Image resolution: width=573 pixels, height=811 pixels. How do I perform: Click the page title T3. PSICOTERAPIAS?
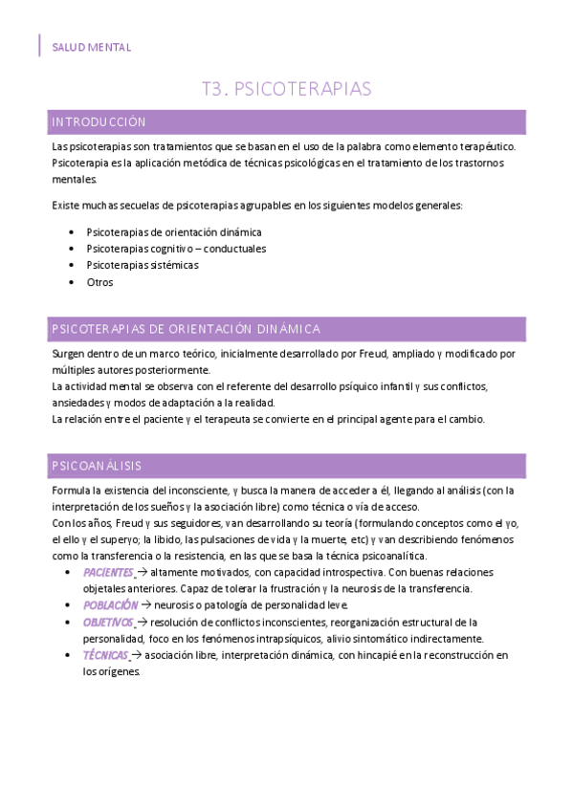point(286,89)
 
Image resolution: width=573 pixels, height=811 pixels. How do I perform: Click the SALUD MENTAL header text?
point(92,47)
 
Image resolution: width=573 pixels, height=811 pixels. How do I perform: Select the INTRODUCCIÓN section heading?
point(99,122)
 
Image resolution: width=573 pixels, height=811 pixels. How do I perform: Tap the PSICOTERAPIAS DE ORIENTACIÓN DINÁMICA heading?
point(186,329)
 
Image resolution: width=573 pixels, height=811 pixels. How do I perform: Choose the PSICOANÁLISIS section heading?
point(97,466)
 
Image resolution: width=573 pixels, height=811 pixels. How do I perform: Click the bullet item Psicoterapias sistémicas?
point(143,265)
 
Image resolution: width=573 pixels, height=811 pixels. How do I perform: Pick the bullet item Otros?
point(99,282)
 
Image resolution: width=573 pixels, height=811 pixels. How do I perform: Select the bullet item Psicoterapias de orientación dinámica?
point(173,231)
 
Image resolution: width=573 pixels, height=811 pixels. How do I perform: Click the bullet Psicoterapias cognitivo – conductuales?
point(175,249)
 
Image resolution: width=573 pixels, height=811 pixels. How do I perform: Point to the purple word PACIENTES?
point(107,572)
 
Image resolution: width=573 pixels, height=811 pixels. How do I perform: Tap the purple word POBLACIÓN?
point(110,605)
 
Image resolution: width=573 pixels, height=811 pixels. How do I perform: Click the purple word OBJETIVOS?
point(108,622)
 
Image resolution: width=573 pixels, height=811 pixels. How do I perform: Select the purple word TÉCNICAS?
point(104,655)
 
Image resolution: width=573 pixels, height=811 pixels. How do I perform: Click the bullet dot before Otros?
point(74,282)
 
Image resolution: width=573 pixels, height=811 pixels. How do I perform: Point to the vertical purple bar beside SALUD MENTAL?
point(39,46)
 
